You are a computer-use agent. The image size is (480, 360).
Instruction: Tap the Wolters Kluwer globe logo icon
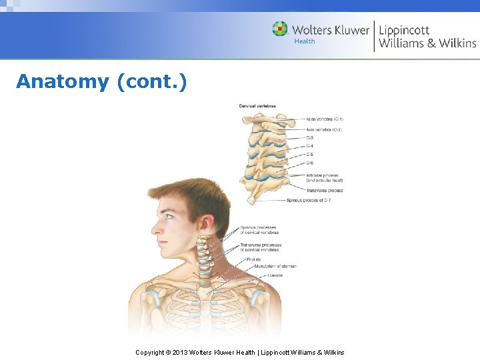tap(280, 29)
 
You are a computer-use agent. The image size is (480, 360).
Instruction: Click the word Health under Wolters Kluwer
tap(305, 41)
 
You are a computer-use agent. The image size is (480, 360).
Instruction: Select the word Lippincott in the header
tap(404, 29)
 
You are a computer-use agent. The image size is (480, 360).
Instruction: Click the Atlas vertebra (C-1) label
tap(325, 119)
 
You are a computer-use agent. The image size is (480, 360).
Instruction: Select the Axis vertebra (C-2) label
tap(324, 129)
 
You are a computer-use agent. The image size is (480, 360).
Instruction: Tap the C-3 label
tap(310, 138)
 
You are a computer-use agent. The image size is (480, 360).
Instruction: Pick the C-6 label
tap(310, 163)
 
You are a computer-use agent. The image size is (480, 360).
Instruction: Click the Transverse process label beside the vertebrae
tap(325, 191)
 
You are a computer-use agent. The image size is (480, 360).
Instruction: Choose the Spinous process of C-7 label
tap(309, 200)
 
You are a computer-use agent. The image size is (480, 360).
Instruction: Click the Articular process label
tap(322, 176)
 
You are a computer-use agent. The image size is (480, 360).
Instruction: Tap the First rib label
tap(253, 259)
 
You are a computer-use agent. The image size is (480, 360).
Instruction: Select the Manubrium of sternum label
tap(275, 266)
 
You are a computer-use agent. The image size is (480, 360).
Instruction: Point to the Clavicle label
tap(275, 275)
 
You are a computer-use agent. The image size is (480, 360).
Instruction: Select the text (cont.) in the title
tap(151, 82)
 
